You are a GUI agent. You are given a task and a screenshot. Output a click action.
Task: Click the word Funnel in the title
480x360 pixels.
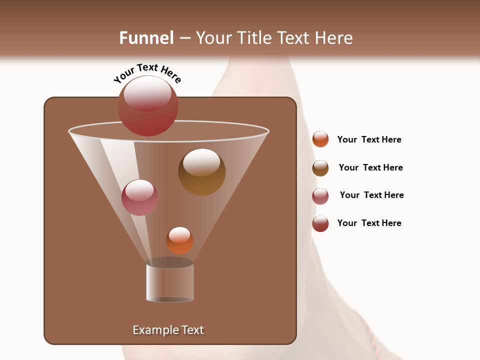click(x=146, y=38)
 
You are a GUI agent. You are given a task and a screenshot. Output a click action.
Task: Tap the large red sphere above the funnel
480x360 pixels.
click(x=147, y=106)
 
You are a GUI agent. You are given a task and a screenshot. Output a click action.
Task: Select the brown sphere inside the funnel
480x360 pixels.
click(x=201, y=171)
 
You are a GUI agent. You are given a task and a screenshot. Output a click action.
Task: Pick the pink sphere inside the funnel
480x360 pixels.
click(x=139, y=197)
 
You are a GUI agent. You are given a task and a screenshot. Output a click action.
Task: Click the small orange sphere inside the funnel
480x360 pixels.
click(x=179, y=240)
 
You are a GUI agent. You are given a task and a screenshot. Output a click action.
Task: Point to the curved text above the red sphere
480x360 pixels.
click(x=147, y=73)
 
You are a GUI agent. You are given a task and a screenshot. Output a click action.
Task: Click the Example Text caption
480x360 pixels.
click(x=168, y=330)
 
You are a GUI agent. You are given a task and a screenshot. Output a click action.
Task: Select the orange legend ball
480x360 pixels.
click(x=320, y=139)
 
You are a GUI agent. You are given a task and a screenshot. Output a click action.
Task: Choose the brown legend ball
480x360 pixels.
click(x=320, y=168)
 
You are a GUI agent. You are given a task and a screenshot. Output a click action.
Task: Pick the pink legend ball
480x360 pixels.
click(x=320, y=196)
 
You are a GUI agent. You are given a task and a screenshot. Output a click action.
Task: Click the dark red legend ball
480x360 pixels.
click(x=320, y=223)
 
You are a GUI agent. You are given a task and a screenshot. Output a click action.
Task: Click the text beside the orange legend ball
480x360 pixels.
click(x=369, y=139)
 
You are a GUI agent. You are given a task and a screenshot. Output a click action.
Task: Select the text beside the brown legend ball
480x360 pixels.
click(x=370, y=167)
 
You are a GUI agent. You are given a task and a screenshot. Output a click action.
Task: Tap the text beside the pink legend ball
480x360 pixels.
click(x=371, y=195)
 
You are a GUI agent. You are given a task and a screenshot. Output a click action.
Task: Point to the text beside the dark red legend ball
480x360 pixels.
click(x=369, y=223)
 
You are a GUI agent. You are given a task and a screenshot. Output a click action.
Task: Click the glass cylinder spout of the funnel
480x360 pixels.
click(x=170, y=282)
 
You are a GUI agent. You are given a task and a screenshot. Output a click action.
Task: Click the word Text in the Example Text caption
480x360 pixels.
click(x=191, y=330)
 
